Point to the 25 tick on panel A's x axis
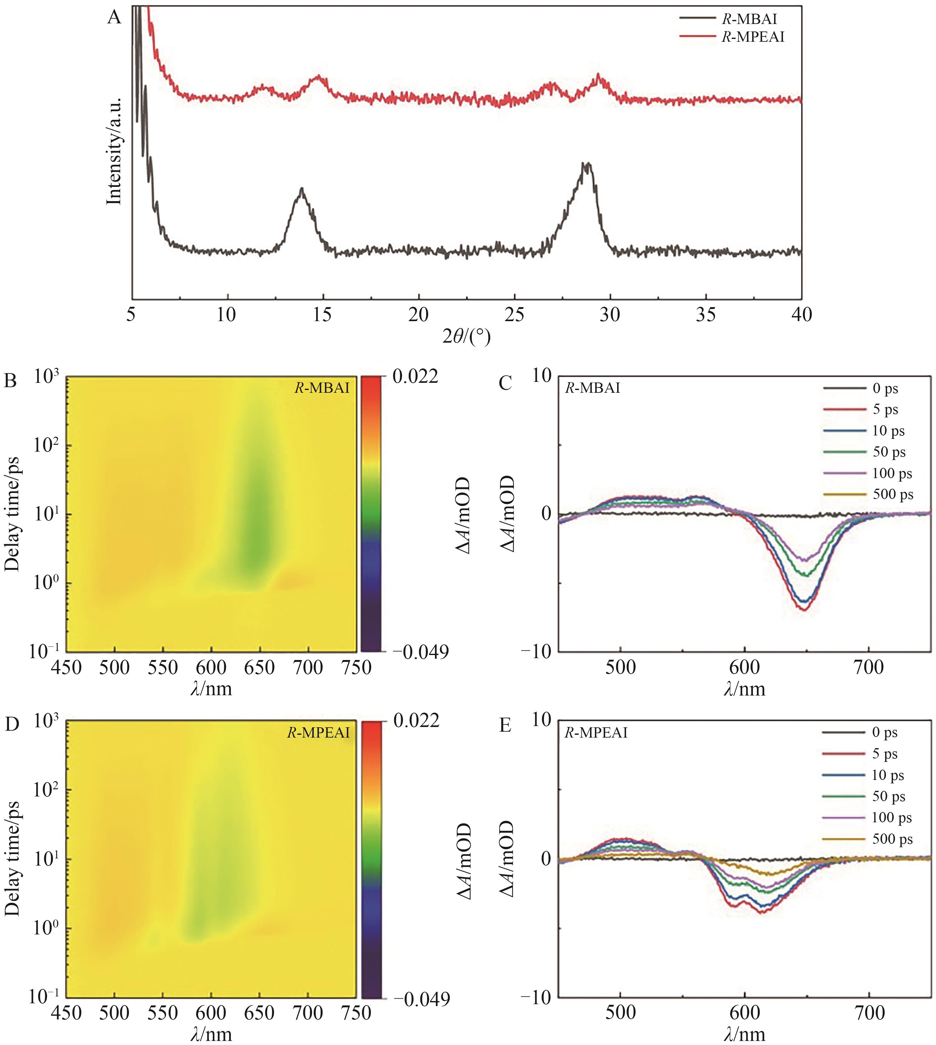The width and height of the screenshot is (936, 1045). pyautogui.click(x=514, y=314)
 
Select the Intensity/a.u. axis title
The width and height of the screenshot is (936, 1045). pyautogui.click(x=114, y=151)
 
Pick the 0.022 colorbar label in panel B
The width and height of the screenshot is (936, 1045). pyautogui.click(x=415, y=377)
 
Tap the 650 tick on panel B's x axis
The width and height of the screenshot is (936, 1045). pyautogui.click(x=260, y=668)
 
